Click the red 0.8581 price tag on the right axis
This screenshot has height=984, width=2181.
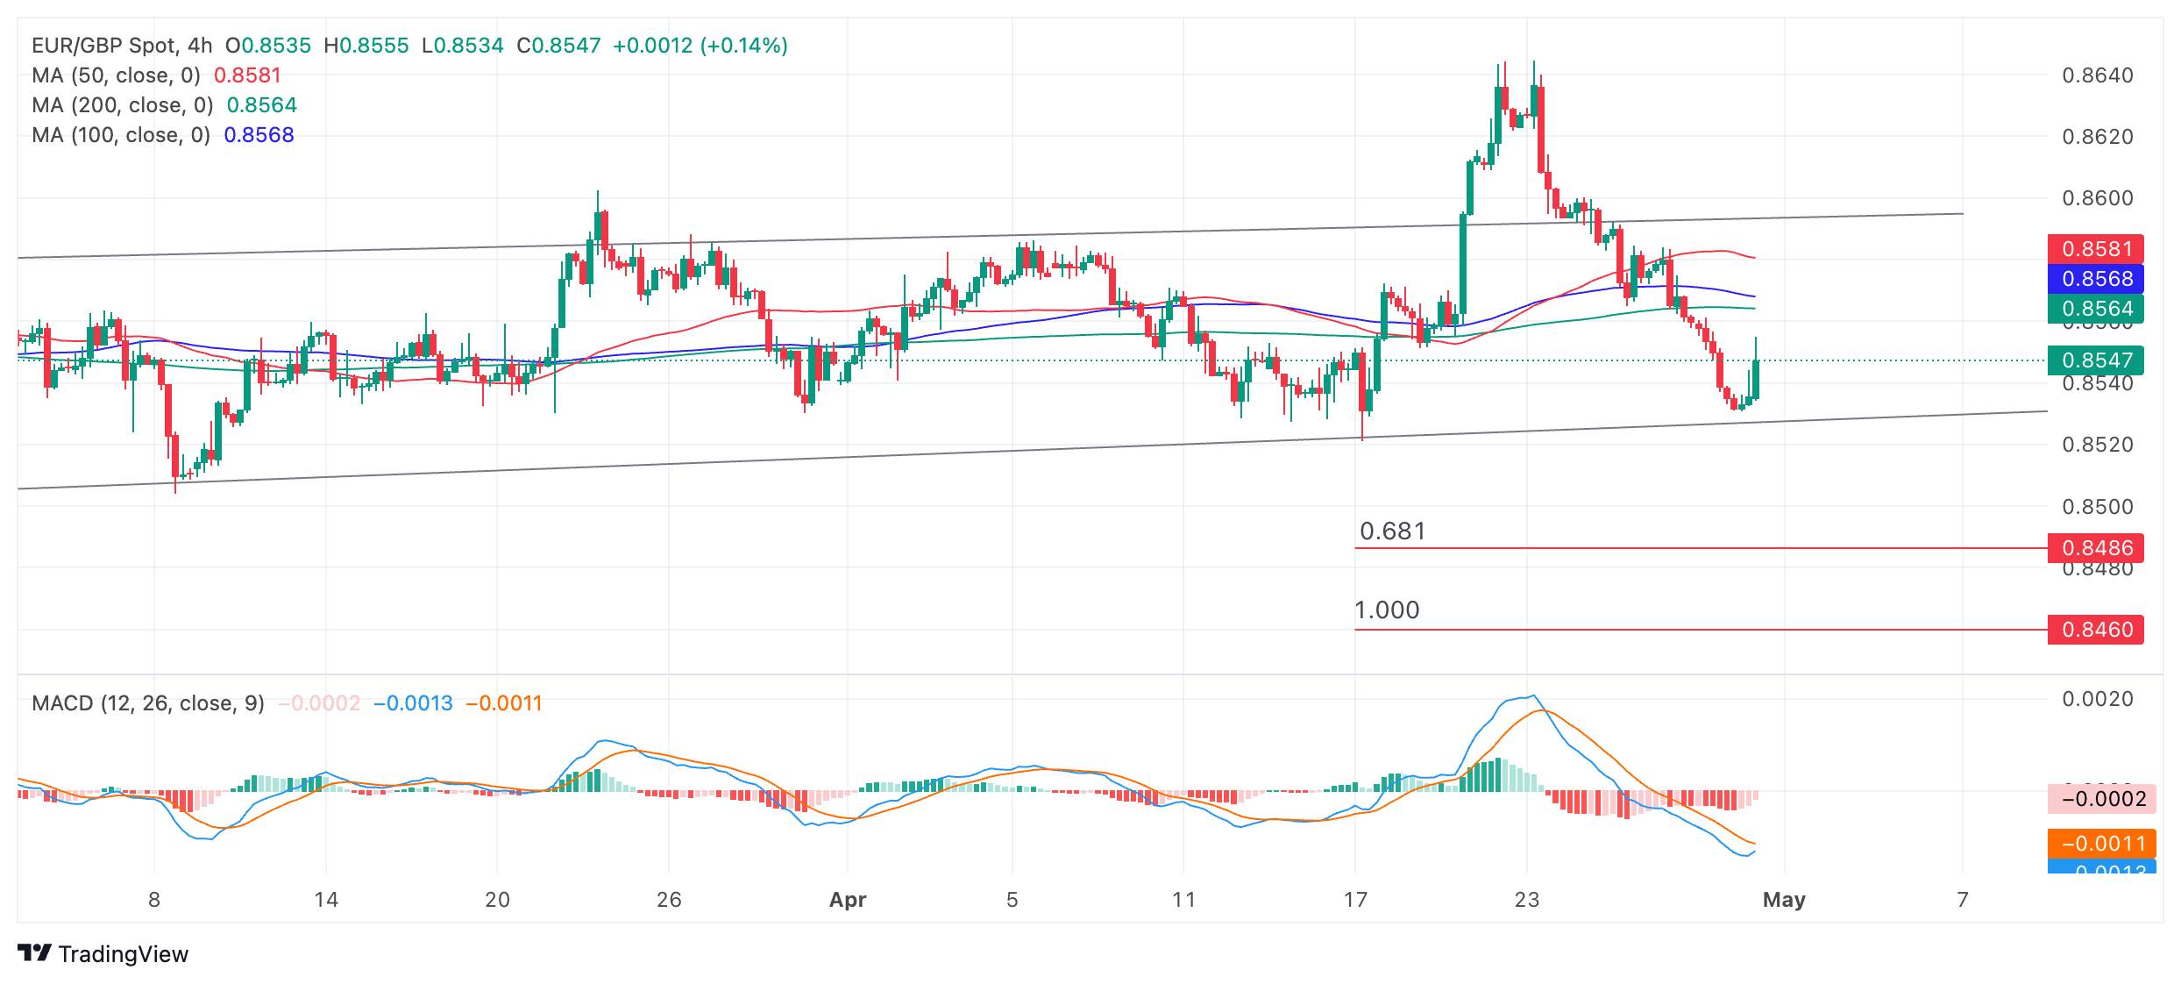(2095, 249)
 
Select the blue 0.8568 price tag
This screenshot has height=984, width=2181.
(2095, 279)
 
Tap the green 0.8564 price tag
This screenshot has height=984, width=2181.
(2095, 309)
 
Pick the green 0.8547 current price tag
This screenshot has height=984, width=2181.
(2095, 360)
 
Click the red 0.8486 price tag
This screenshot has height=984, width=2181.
(2095, 548)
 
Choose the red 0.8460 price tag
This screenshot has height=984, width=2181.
(2095, 630)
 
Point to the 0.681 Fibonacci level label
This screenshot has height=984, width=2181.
(1392, 531)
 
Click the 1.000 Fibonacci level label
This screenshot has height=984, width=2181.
(1387, 610)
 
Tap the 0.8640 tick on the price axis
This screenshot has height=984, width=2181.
(2097, 75)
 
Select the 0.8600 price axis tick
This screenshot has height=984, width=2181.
(2097, 198)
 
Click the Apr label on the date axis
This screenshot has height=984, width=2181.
(848, 900)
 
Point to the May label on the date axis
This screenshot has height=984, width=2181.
(1784, 900)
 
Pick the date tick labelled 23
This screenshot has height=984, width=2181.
(1527, 900)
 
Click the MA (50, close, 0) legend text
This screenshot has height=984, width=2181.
(116, 75)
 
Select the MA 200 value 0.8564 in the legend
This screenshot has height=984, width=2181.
(262, 105)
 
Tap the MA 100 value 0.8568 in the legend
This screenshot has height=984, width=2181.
(259, 135)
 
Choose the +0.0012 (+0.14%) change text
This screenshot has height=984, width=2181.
(700, 46)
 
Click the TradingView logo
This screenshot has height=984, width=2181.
(103, 954)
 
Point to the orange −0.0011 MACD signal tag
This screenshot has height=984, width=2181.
(2100, 844)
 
